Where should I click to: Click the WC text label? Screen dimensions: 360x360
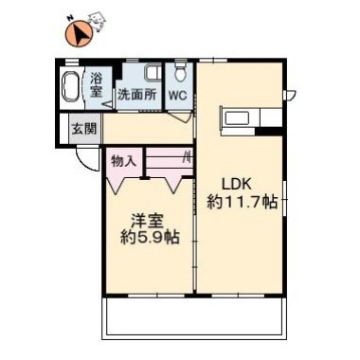tap(177, 96)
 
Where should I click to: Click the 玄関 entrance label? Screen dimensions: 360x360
tap(84, 129)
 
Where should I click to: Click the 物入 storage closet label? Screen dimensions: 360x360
tap(124, 160)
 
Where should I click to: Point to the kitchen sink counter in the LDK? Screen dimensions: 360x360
tap(242, 119)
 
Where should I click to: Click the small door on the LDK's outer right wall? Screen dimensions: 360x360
tap(292, 93)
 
